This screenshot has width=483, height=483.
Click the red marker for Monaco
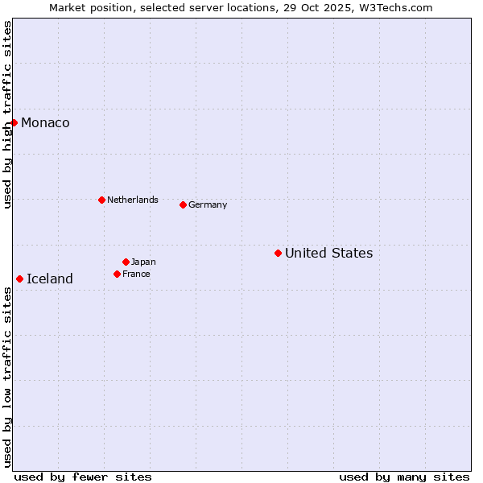pyautogui.click(x=14, y=122)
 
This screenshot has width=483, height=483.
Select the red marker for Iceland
pyautogui.click(x=19, y=279)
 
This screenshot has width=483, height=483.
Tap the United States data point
pyautogui.click(x=278, y=253)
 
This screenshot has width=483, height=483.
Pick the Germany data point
pyautogui.click(x=183, y=204)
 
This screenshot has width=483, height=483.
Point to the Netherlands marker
pyautogui.click(x=101, y=200)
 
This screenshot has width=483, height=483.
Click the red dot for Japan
pyautogui.click(x=126, y=262)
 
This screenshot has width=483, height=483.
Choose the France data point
pyautogui.click(x=117, y=274)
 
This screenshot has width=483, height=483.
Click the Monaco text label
pyautogui.click(x=45, y=122)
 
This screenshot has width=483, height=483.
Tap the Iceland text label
pyautogui.click(x=50, y=279)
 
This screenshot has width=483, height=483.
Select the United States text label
pyautogui.click(x=328, y=253)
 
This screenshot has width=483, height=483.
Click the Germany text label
pyautogui.click(x=208, y=204)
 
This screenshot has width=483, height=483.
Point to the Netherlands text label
pyautogui.click(x=133, y=200)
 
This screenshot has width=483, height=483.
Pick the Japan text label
pyautogui.click(x=143, y=262)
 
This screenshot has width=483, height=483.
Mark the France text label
pyautogui.click(x=136, y=274)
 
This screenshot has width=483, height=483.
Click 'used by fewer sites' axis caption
pyautogui.click(x=83, y=477)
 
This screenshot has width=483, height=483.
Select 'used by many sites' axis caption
pyautogui.click(x=404, y=477)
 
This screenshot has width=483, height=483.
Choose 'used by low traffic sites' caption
pyautogui.click(x=7, y=376)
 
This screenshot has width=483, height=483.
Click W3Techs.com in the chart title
pyautogui.click(x=394, y=7)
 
